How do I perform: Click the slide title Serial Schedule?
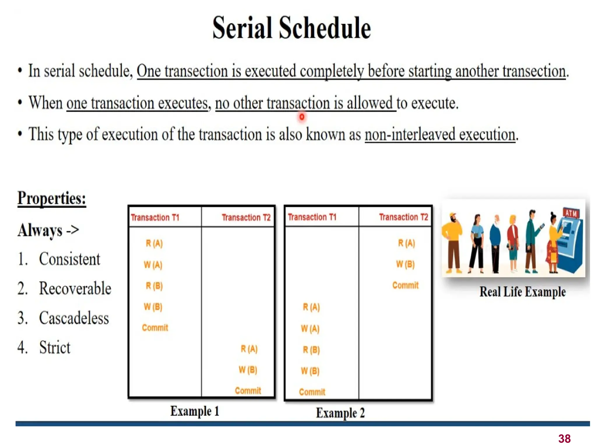pyautogui.click(x=292, y=28)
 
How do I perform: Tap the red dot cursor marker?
pyautogui.click(x=302, y=117)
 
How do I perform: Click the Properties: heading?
pyautogui.click(x=52, y=198)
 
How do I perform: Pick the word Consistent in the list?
pyautogui.click(x=69, y=259)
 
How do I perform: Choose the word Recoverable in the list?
pyautogui.click(x=75, y=288)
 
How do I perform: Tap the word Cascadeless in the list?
pyautogui.click(x=74, y=318)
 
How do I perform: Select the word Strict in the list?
pyautogui.click(x=55, y=347)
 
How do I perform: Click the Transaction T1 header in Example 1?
pyautogui.click(x=155, y=218)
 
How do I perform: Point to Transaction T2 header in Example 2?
pyautogui.click(x=403, y=217)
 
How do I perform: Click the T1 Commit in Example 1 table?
pyautogui.click(x=155, y=328)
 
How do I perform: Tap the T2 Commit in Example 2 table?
pyautogui.click(x=405, y=285)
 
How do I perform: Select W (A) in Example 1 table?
pyautogui.click(x=153, y=265)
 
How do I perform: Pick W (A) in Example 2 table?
pyautogui.click(x=310, y=329)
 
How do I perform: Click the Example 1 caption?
pyautogui.click(x=194, y=411)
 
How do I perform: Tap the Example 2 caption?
pyautogui.click(x=340, y=413)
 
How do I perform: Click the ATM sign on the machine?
pyautogui.click(x=571, y=213)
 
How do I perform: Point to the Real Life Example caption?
pyautogui.click(x=522, y=292)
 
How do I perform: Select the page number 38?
pyautogui.click(x=564, y=438)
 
